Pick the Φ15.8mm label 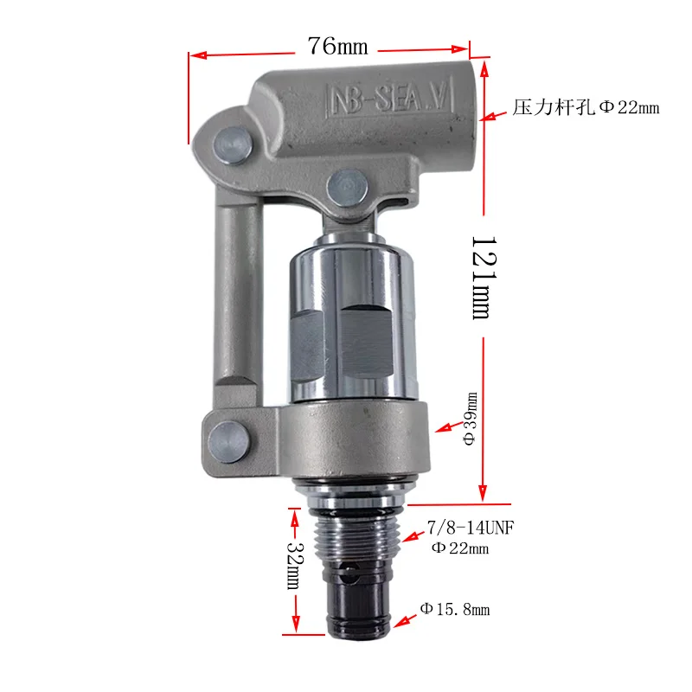tap(455, 610)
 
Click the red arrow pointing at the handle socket tap(495, 112)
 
